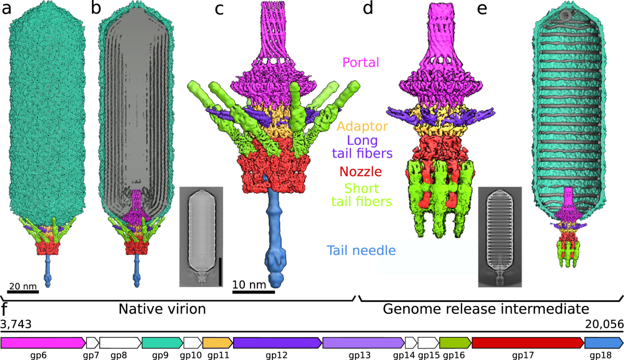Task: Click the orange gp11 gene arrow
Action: (217, 343)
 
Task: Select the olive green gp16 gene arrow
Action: (455, 343)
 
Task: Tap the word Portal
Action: (360, 63)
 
